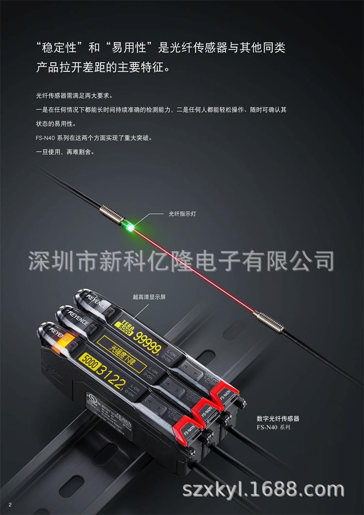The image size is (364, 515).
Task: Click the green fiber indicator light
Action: [x=130, y=224]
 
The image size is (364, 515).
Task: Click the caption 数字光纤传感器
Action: [x=278, y=418]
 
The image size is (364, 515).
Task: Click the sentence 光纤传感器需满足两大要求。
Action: [x=78, y=95]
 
